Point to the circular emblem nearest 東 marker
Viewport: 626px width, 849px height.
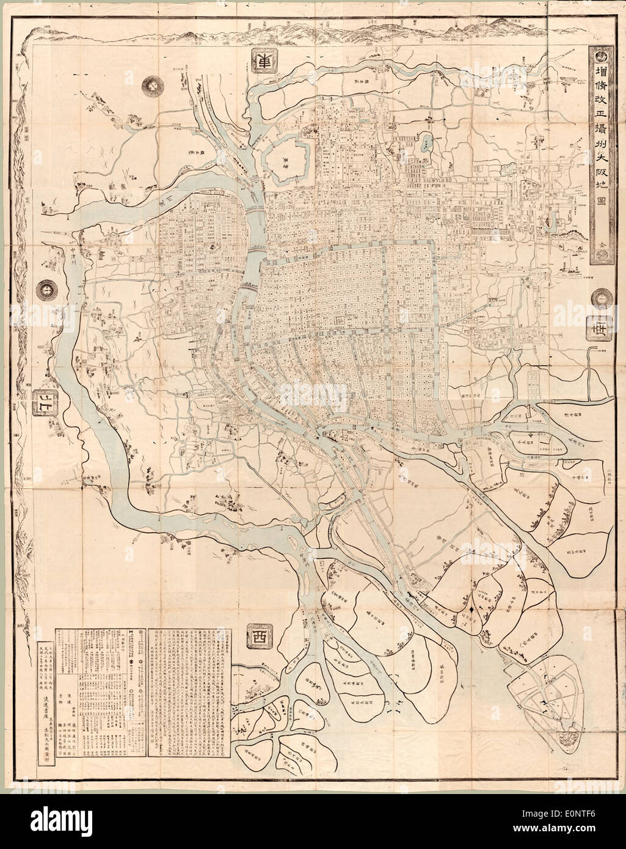(x=151, y=87)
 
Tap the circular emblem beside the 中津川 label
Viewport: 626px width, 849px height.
(x=46, y=290)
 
